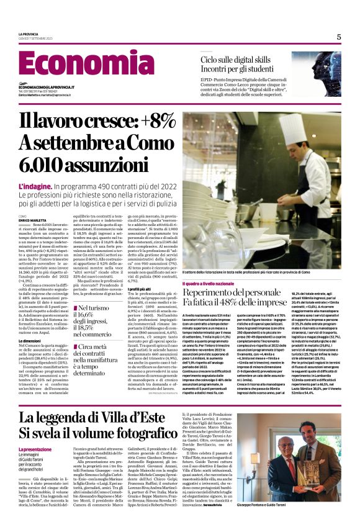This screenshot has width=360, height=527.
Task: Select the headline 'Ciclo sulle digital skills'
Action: pos(246,59)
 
